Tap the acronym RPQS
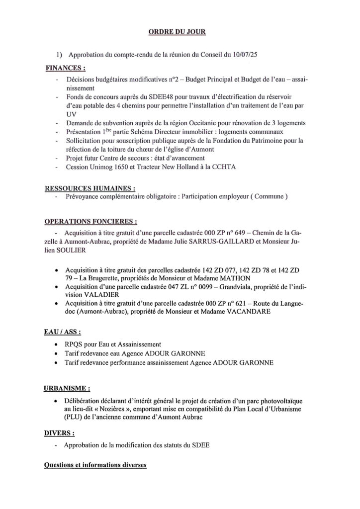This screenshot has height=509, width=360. point(76,344)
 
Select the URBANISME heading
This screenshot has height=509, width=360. point(67,386)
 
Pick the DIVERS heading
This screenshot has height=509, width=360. point(60,433)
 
